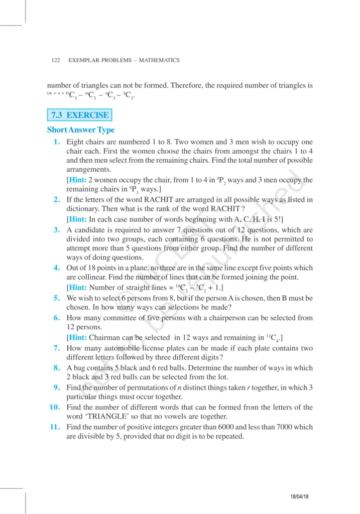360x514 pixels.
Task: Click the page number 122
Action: coord(56,60)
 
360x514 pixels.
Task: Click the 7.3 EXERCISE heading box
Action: coord(80,115)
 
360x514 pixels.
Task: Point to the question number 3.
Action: coord(58,229)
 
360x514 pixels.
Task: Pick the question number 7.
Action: coord(58,347)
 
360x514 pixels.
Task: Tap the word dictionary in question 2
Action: coord(83,209)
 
